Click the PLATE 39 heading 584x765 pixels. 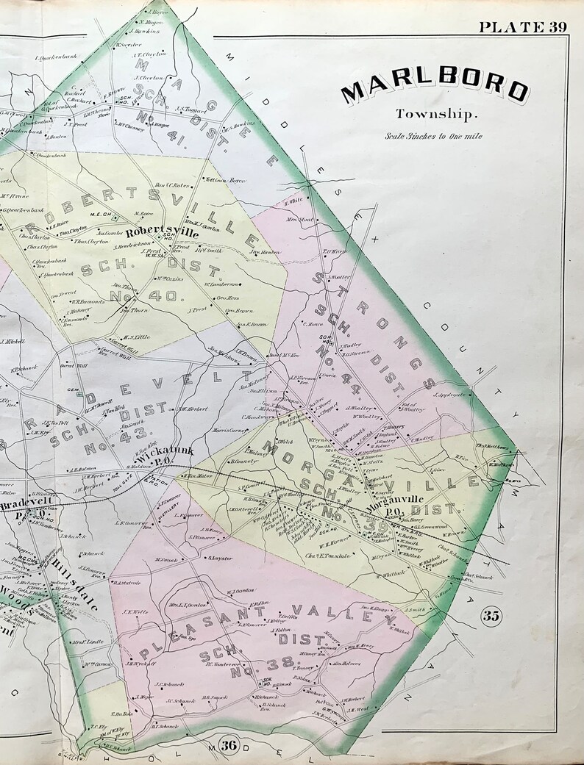522,27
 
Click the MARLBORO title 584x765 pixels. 434,89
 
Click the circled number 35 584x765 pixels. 491,616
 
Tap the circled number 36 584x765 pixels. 229,745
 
